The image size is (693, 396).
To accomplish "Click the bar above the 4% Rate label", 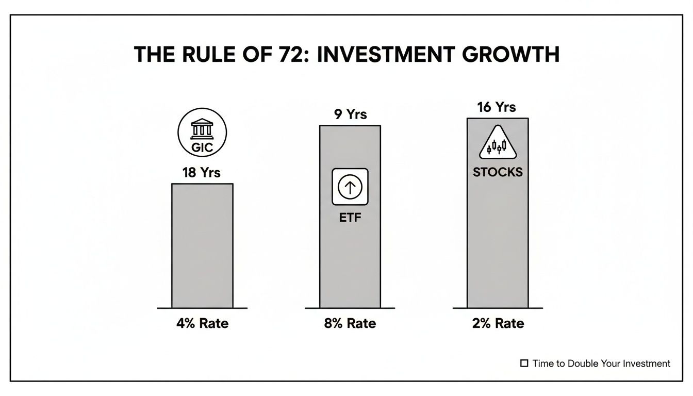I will (202, 245).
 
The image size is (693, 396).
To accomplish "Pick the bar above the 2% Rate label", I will (498, 242).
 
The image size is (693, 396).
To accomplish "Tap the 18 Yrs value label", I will (201, 173).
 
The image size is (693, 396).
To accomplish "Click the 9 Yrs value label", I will (351, 114).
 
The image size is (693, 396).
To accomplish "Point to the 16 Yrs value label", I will (497, 107).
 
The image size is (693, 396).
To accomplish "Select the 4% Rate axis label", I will (202, 324).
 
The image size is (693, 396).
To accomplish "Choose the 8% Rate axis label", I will (350, 324).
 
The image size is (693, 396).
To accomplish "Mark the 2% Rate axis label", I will (498, 324).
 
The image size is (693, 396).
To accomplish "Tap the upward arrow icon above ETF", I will (350, 186).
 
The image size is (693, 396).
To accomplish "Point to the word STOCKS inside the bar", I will (498, 172).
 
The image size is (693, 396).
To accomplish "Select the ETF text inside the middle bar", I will (350, 218).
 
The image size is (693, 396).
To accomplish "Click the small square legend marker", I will (524, 364).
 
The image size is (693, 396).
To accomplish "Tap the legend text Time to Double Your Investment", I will (601, 364).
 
